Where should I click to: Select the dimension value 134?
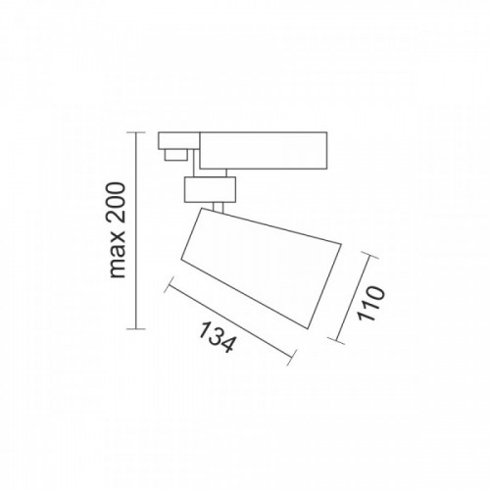click(213, 337)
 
